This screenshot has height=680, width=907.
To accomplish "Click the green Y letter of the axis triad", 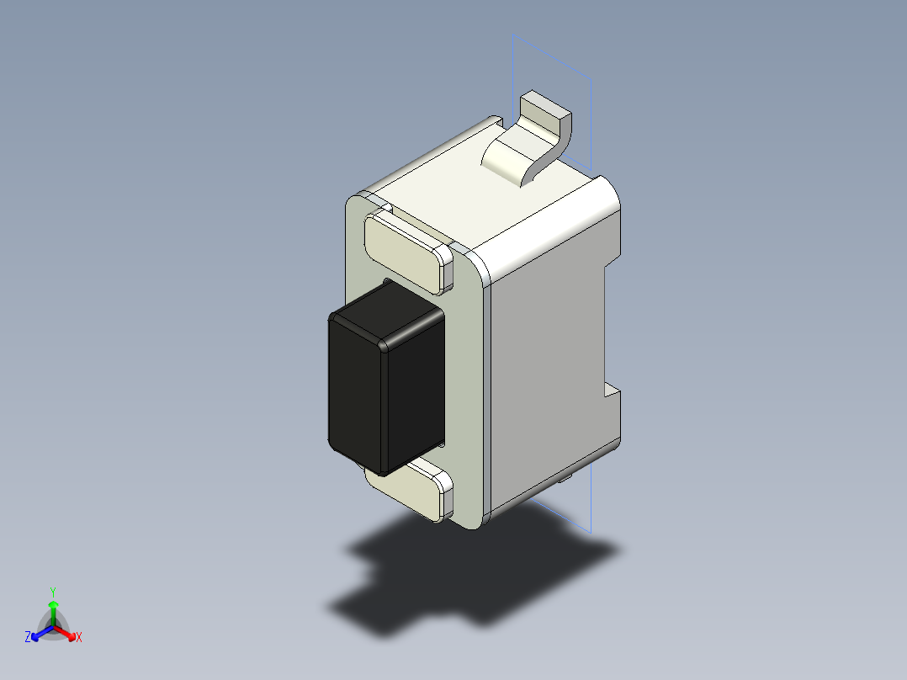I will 52,592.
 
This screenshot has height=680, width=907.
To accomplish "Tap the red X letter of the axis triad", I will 79,638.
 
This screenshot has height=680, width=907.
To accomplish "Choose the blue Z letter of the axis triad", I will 28,638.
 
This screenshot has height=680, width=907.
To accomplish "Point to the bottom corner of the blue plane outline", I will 591,532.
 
